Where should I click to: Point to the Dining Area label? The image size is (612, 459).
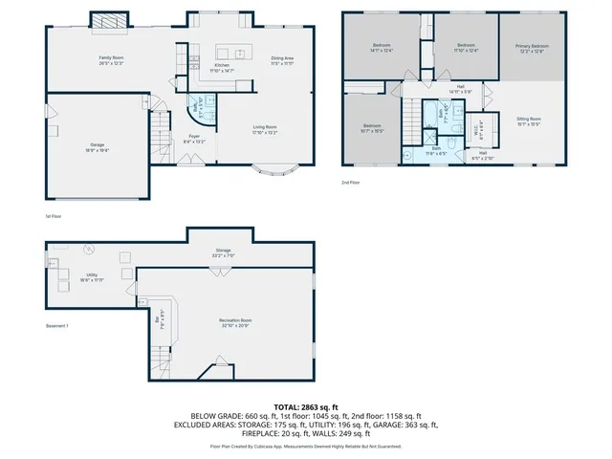(282, 59)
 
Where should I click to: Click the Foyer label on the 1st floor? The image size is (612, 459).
(193, 138)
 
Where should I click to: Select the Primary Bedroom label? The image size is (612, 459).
(532, 48)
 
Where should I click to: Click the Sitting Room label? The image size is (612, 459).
(529, 120)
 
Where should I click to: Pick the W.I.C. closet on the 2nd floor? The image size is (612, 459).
(482, 123)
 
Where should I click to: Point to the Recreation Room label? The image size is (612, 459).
(233, 321)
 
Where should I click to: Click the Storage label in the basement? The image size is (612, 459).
(223, 252)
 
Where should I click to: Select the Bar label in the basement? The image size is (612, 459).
(158, 322)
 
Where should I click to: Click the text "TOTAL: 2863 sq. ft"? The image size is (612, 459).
(306, 407)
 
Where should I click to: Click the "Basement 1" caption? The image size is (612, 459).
(58, 327)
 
